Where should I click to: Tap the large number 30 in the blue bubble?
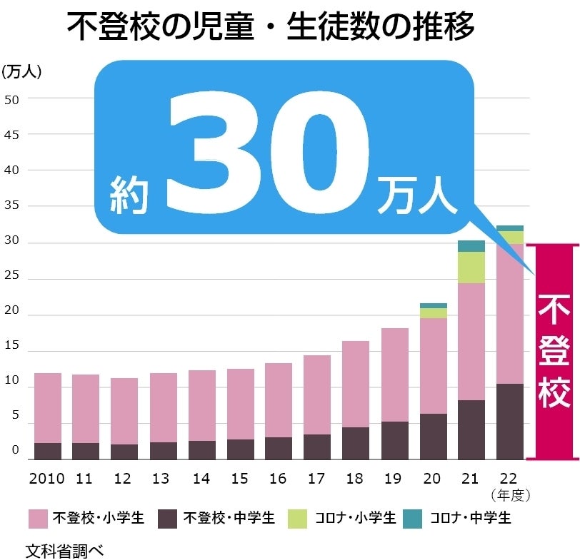tap(268, 153)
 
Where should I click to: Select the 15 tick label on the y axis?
tap(12, 352)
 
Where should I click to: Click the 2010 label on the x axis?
tap(47, 479)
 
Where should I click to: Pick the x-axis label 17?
tap(317, 479)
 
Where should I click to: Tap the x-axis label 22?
tap(510, 479)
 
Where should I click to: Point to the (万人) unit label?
tap(22, 71)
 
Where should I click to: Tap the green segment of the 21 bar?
tap(471, 268)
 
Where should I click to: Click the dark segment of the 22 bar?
tap(510, 421)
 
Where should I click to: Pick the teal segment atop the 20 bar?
tap(434, 305)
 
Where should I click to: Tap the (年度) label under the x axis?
tap(510, 494)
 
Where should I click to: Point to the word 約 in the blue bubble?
tap(129, 195)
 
